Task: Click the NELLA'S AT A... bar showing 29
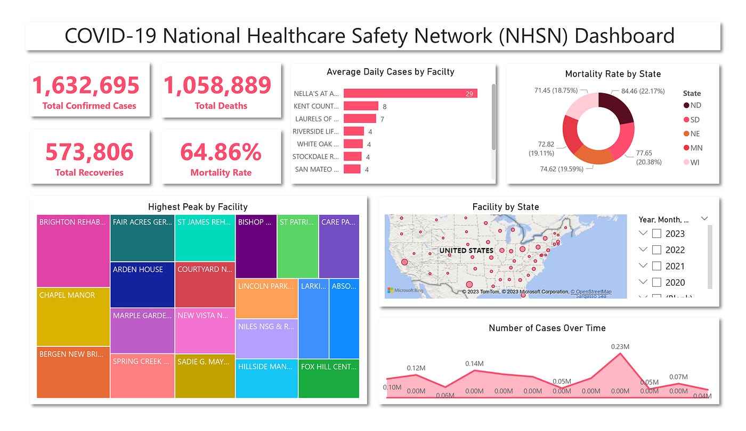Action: pyautogui.click(x=410, y=94)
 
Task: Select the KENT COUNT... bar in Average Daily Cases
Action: pyautogui.click(x=361, y=106)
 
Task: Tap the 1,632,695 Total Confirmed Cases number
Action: pyautogui.click(x=86, y=85)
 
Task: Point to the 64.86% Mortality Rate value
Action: pyautogui.click(x=221, y=152)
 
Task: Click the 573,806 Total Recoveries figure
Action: pyautogui.click(x=89, y=152)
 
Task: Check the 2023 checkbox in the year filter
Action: pyautogui.click(x=657, y=234)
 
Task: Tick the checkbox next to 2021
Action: pyautogui.click(x=657, y=266)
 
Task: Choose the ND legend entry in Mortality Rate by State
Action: pyautogui.click(x=693, y=105)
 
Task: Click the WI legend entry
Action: pyautogui.click(x=692, y=162)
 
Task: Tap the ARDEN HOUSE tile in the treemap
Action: pyautogui.click(x=142, y=284)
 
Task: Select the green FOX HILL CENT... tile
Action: pyautogui.click(x=329, y=379)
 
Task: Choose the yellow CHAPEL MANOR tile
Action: pyautogui.click(x=74, y=317)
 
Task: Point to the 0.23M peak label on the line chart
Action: pyautogui.click(x=620, y=346)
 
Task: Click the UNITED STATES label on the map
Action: pyautogui.click(x=466, y=250)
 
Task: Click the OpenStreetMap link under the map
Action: pyautogui.click(x=591, y=292)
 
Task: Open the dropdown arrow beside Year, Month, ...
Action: pyautogui.click(x=704, y=218)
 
